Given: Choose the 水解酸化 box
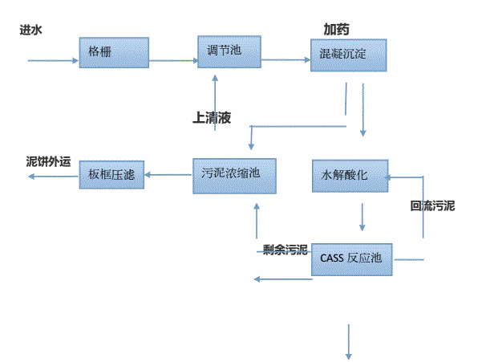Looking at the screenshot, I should [348, 176].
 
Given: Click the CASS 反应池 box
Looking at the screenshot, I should [351, 258].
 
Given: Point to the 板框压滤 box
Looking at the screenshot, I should [111, 174].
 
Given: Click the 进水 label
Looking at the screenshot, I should [31, 30].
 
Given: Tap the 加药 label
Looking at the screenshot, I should [336, 28].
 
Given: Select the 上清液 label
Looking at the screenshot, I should [212, 117].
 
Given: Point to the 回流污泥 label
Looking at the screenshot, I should [432, 206].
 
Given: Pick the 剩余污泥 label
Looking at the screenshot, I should [286, 250].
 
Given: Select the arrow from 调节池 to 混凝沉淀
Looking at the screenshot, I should [286, 59].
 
